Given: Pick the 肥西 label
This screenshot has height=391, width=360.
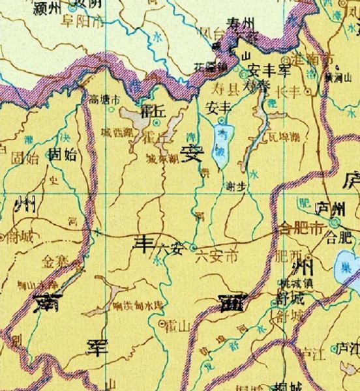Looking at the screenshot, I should (287, 248).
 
